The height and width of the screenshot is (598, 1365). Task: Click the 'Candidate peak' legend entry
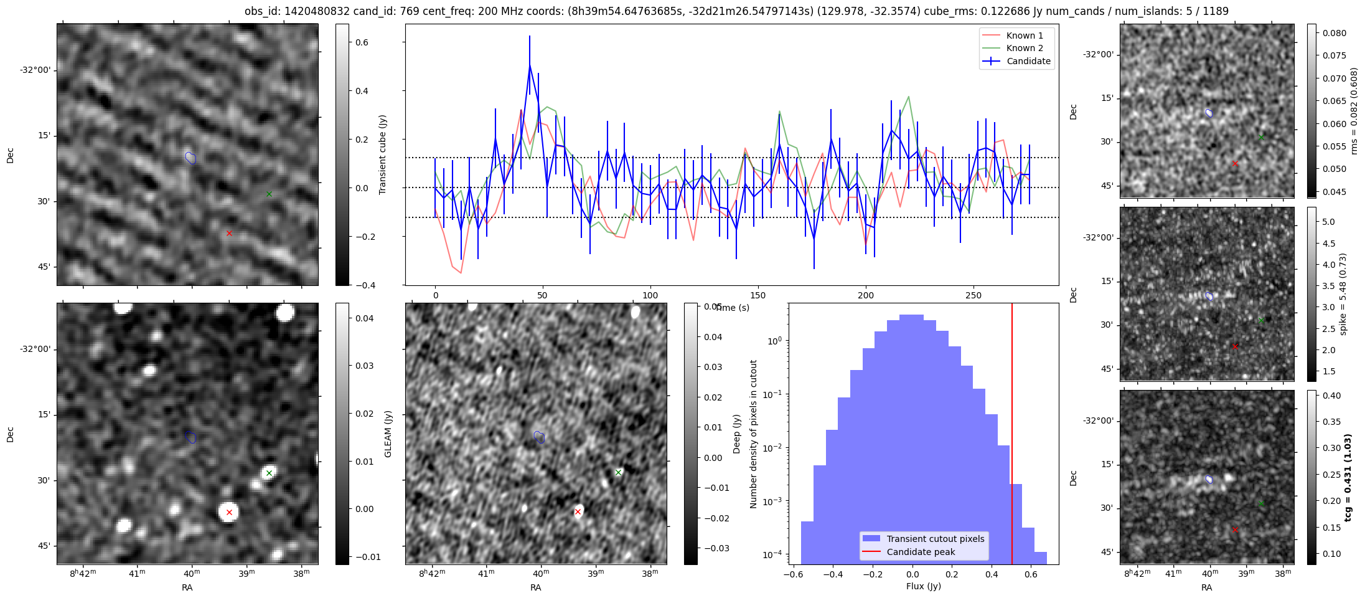pyautogui.click(x=921, y=552)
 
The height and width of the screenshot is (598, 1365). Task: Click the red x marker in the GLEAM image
pyautogui.click(x=229, y=512)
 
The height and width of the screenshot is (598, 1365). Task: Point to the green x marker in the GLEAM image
pyautogui.click(x=269, y=473)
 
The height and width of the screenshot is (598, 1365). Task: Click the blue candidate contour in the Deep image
pyautogui.click(x=540, y=437)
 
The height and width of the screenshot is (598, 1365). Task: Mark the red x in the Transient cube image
pyautogui.click(x=229, y=233)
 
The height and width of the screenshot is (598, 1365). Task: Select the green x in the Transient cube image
pyautogui.click(x=269, y=194)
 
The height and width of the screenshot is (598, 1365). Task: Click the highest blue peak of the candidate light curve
pyautogui.click(x=530, y=65)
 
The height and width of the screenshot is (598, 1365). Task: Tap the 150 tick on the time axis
pyautogui.click(x=758, y=295)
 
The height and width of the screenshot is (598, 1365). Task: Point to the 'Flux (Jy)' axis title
pyautogui.click(x=923, y=586)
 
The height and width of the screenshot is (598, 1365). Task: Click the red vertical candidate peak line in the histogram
pyautogui.click(x=1012, y=436)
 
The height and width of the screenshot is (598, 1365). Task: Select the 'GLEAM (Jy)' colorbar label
pyautogui.click(x=388, y=434)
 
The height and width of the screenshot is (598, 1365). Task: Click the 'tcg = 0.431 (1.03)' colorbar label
pyautogui.click(x=1348, y=477)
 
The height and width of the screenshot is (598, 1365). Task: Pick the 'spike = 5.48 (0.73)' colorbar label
pyautogui.click(x=1343, y=294)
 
